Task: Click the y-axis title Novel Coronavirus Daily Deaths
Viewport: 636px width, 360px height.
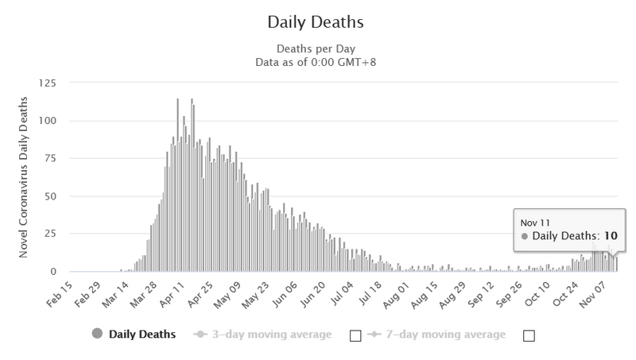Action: [x=25, y=177]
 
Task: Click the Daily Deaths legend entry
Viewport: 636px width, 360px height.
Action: [x=142, y=335]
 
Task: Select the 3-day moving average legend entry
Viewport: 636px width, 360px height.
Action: [x=271, y=335]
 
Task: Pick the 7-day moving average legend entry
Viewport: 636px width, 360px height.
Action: [x=444, y=335]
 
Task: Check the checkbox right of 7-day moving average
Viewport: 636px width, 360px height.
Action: [x=529, y=335]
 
